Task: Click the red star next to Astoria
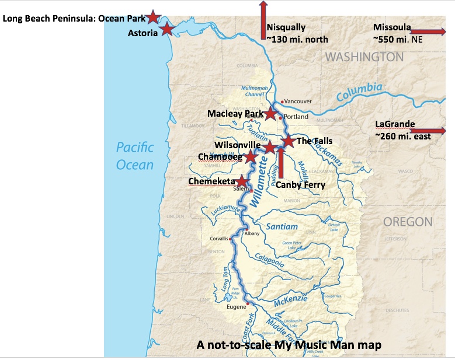[x=167, y=28]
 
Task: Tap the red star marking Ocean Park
[x=153, y=17]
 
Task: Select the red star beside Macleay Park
[x=270, y=114]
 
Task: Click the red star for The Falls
[x=288, y=141]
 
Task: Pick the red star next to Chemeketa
[x=242, y=181]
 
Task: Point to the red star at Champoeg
[x=251, y=156]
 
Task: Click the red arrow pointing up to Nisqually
[x=263, y=20]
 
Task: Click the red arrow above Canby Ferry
[x=280, y=162]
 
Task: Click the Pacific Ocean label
[x=135, y=156]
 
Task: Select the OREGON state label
[x=408, y=222]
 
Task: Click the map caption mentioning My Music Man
[x=289, y=345]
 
